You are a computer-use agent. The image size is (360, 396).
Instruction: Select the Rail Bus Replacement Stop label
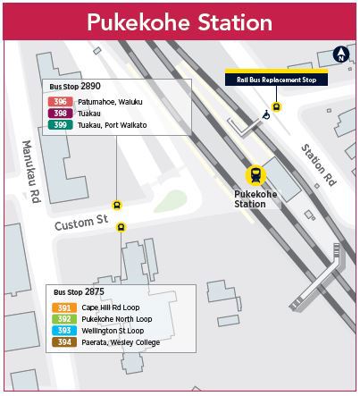[276, 80]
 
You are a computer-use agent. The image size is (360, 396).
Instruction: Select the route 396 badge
[61, 102]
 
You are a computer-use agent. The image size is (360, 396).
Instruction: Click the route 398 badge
[61, 114]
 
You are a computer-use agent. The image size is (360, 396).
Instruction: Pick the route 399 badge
[61, 125]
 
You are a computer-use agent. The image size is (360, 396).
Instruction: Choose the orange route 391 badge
[63, 308]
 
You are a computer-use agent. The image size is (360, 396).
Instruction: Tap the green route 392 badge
[63, 319]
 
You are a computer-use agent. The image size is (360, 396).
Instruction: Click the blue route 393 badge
[63, 331]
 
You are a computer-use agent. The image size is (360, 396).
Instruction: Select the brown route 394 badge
[63, 342]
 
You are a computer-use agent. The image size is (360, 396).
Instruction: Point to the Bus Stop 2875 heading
[79, 292]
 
